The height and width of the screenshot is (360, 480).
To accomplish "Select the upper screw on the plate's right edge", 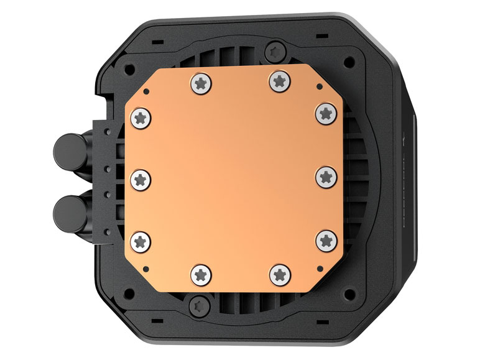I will (325, 113).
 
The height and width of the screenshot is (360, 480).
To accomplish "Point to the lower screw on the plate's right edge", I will (325, 239).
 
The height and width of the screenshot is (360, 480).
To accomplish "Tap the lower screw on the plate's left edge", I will (140, 239).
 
